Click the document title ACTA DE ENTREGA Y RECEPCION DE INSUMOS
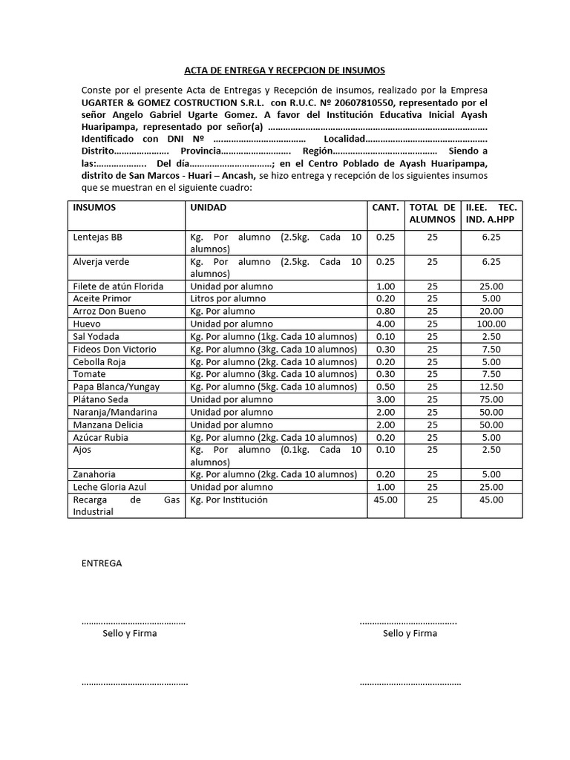coord(284,71)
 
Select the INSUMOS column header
coord(94,208)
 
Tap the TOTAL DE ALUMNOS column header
coord(432,214)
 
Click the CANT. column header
coord(385,208)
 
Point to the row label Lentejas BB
coord(97,237)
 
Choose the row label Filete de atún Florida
coord(118,286)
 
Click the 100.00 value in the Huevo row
coord(491,324)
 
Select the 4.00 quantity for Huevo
coord(385,324)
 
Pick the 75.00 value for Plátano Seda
coord(491,399)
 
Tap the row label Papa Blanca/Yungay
coord(117,387)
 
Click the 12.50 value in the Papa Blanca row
coord(491,387)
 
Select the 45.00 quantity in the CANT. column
coord(385,500)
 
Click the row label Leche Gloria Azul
coord(108,487)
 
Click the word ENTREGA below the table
coord(102,563)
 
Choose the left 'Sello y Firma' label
coord(129,633)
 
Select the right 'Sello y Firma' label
coord(410,633)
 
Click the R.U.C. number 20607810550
coord(364,102)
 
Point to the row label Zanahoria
coord(94,474)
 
